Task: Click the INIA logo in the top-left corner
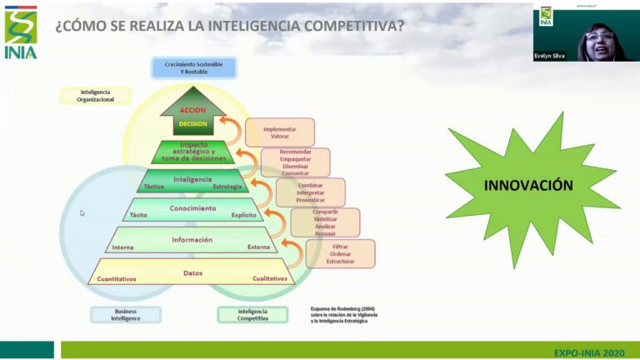21,32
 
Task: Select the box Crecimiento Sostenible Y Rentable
193,67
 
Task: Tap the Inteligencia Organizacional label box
95,95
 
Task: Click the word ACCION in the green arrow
192,110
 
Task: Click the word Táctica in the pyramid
154,187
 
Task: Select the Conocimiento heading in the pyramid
192,207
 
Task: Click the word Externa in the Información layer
258,247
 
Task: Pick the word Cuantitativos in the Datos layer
117,278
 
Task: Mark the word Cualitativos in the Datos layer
269,278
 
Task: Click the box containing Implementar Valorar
280,132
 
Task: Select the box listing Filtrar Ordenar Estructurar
341,254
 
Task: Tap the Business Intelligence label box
125,314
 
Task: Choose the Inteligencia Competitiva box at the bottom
252,314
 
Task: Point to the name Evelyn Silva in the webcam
550,57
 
